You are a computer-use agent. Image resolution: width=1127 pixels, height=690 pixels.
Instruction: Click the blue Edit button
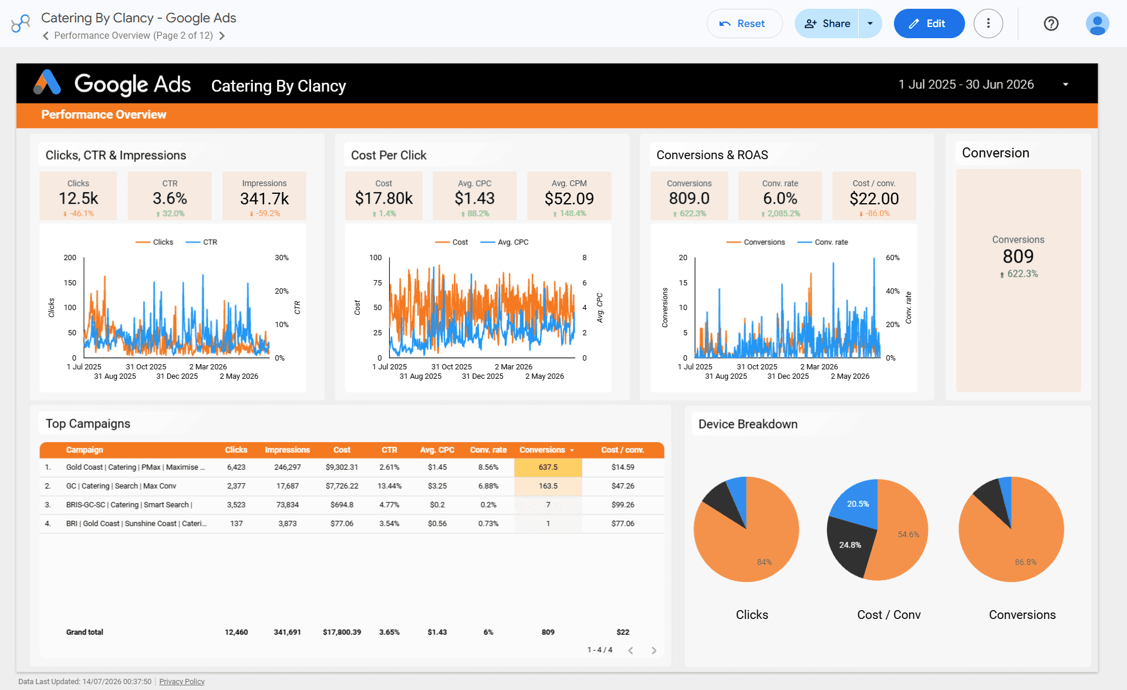tap(929, 23)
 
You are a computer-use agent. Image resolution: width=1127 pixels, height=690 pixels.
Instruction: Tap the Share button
tap(827, 23)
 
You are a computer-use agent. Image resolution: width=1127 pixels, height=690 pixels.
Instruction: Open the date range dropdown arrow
tap(1065, 85)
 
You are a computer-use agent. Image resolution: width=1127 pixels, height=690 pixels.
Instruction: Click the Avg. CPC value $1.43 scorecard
tap(474, 198)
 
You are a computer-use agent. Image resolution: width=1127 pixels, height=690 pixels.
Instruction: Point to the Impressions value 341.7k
tap(264, 199)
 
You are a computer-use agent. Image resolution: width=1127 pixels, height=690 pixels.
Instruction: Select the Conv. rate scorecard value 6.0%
tap(780, 198)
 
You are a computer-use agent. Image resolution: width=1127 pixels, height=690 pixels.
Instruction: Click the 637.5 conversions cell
tap(548, 467)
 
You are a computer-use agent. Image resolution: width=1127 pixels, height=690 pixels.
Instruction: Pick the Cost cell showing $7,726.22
tap(342, 486)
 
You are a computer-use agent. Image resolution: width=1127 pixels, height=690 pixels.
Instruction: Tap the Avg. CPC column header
tap(437, 450)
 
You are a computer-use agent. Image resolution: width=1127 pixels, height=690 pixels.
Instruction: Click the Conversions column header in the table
tap(542, 450)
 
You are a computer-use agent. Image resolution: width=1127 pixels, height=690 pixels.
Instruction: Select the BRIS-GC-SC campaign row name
tap(129, 505)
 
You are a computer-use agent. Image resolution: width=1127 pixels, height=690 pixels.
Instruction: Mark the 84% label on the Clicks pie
tap(764, 562)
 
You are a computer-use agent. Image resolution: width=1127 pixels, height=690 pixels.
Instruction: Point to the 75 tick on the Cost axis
tap(377, 282)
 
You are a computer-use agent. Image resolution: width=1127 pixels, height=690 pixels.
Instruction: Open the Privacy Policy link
tap(182, 682)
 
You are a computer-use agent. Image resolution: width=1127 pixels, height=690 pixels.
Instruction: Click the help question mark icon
tap(1051, 23)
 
